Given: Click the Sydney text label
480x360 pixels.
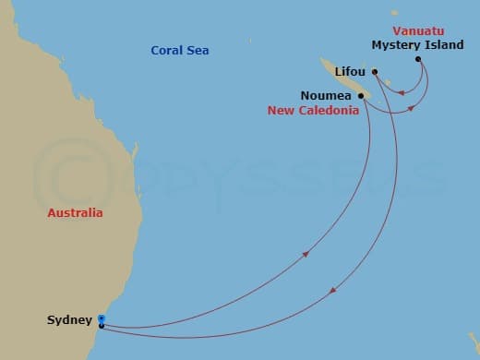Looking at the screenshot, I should (x=69, y=320).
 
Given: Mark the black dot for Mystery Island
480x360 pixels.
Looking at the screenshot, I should (x=418, y=60).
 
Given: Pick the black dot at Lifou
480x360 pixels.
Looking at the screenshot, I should (x=376, y=71).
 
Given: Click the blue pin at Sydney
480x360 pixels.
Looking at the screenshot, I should (x=101, y=318).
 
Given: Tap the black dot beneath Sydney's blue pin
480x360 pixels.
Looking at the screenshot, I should (x=101, y=325).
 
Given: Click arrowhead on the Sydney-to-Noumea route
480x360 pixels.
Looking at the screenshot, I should (x=304, y=252).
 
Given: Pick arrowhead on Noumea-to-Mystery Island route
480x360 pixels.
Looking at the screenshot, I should (x=410, y=106).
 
